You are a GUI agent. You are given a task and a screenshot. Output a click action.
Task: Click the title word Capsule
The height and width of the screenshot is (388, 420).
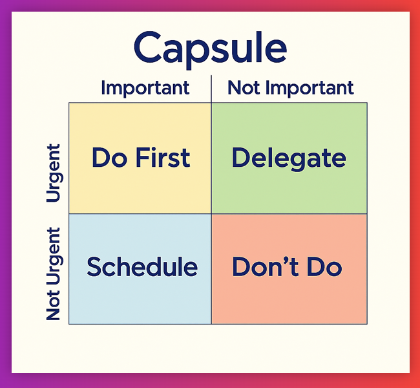[210, 48]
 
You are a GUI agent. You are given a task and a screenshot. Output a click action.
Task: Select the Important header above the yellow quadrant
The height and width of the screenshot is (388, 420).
[145, 88]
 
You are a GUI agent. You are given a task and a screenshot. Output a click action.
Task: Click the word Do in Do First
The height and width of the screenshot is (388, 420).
[108, 158]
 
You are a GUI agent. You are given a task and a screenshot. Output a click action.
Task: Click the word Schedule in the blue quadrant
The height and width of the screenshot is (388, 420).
[142, 266]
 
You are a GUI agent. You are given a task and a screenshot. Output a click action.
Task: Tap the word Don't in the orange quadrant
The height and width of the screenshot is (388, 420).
[263, 266]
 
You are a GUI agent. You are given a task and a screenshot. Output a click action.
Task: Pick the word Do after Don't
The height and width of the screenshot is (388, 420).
[321, 266]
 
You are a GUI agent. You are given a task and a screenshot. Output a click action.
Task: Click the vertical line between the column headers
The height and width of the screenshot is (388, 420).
[211, 89]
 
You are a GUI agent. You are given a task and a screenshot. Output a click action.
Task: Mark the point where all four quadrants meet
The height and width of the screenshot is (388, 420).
[211, 213]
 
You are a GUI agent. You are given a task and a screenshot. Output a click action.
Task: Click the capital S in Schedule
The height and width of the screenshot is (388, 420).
[94, 266]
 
